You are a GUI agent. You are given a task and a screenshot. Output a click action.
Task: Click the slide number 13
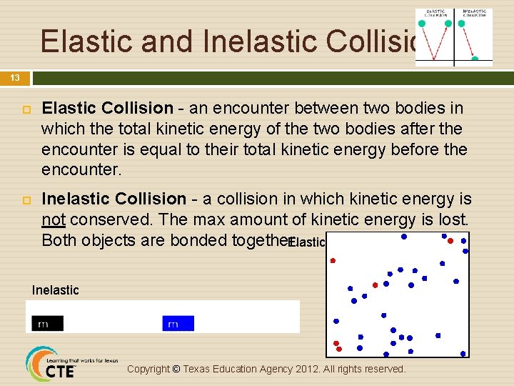(15, 78)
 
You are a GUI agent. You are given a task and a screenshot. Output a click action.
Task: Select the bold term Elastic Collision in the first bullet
(108, 109)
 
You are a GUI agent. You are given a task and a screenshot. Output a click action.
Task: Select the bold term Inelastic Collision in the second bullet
(114, 199)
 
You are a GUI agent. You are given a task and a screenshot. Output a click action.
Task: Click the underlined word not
(54, 219)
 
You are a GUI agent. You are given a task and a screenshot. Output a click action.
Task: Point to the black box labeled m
(48, 324)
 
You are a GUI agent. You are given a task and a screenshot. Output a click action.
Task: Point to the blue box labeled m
(178, 324)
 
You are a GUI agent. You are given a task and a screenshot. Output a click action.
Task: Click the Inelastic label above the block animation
(56, 290)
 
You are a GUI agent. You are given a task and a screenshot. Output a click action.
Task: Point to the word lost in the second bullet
(450, 219)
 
